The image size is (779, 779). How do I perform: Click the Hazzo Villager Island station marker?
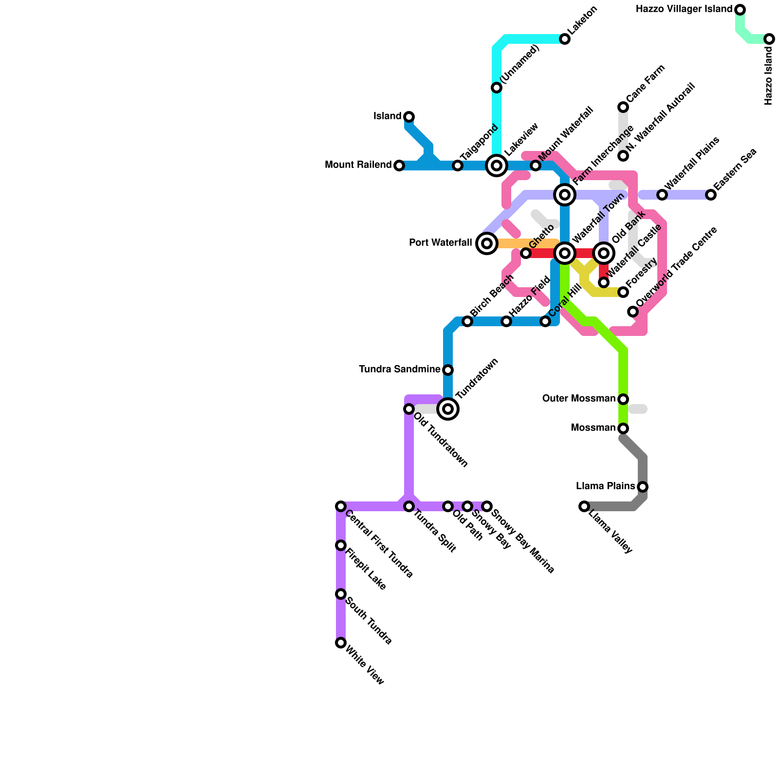tap(740, 10)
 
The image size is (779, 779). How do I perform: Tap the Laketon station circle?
tap(565, 39)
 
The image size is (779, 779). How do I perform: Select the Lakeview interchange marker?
tap(497, 166)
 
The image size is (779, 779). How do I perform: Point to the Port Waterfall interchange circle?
tap(487, 243)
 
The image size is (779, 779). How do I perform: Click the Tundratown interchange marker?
tap(448, 409)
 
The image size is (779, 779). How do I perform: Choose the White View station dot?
tap(341, 643)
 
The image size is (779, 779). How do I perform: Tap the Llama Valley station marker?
tap(584, 506)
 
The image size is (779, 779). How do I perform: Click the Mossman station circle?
tap(623, 428)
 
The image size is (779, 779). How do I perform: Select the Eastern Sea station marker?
tap(711, 195)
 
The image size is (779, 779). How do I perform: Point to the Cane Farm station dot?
tap(623, 107)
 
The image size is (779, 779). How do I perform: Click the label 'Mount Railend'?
tap(358, 165)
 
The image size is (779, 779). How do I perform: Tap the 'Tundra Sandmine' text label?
tap(399, 370)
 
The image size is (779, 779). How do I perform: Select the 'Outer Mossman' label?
tap(579, 399)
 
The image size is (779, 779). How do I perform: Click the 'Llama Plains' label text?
tap(605, 486)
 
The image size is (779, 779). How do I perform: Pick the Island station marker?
tap(409, 117)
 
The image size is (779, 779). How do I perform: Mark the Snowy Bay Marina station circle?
tap(487, 506)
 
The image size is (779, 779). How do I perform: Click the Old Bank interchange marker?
tap(604, 253)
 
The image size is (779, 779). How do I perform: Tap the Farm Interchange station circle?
tap(565, 195)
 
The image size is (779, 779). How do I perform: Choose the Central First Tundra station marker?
tap(341, 506)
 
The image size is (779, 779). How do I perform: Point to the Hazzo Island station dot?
tap(769, 39)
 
